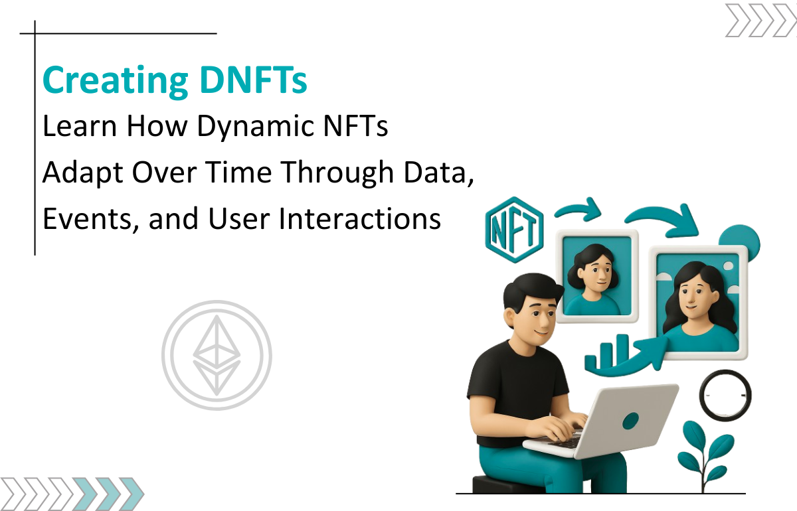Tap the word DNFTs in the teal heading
tap(253, 80)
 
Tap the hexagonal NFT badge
tap(514, 230)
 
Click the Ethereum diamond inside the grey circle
tap(217, 355)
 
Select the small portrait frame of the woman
tap(597, 276)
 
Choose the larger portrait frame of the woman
tap(698, 302)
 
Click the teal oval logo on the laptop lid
tap(630, 421)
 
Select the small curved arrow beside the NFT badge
tap(578, 208)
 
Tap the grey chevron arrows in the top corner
tap(761, 21)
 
